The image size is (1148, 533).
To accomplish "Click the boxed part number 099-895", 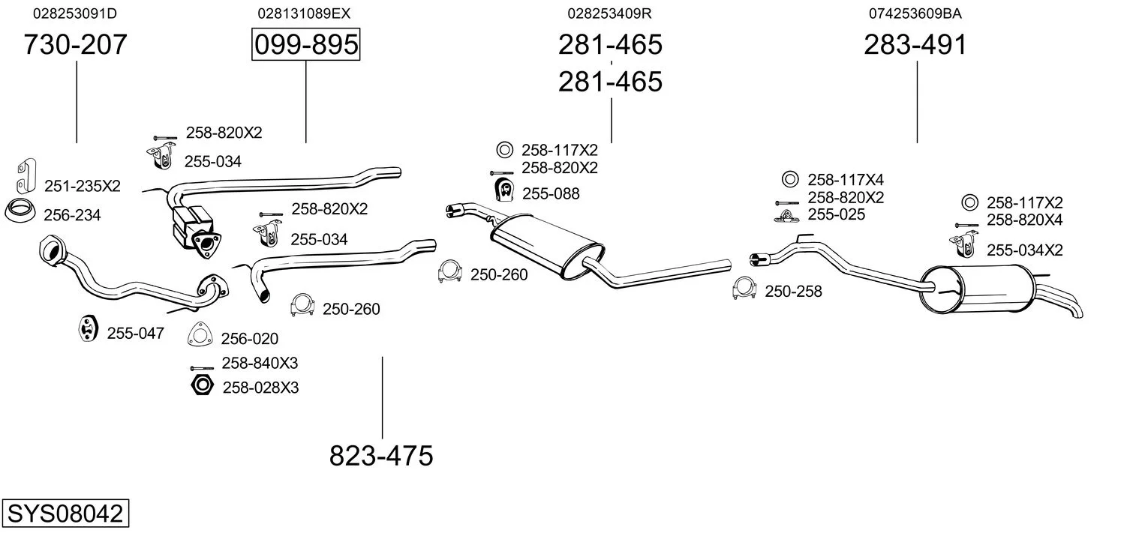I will click(305, 45).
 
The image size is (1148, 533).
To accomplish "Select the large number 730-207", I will click(75, 45).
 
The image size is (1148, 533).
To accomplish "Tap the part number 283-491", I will click(915, 45).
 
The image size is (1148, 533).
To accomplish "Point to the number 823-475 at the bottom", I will click(381, 456).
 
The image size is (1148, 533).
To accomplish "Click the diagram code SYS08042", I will click(65, 514).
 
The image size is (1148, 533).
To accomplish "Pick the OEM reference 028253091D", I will click(75, 13).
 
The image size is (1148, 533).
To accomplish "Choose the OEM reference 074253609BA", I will click(915, 13).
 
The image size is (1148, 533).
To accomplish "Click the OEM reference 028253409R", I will click(609, 13).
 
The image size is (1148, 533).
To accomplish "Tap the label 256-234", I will click(72, 215).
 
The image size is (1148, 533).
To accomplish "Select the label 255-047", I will click(135, 334).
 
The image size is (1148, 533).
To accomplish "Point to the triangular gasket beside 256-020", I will click(200, 335).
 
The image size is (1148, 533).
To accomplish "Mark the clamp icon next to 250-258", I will click(744, 289).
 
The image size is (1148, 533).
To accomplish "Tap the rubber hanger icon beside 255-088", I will click(503, 191).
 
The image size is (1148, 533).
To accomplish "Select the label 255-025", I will click(836, 214).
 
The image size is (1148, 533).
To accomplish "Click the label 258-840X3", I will click(260, 363).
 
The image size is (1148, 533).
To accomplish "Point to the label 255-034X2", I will click(1024, 250).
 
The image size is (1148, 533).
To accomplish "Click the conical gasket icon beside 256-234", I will click(21, 212).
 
